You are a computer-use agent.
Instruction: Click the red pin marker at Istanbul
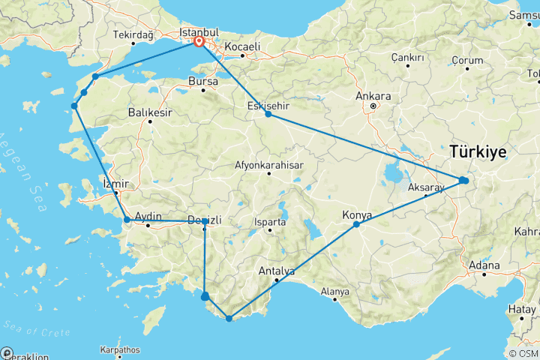[199, 43]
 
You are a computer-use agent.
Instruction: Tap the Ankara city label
[373, 96]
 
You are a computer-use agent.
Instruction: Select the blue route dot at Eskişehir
[268, 114]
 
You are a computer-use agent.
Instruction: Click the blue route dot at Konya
[356, 224]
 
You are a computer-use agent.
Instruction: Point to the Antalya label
[277, 271]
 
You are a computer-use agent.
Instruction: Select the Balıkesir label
[150, 112]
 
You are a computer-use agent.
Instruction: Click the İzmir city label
[115, 184]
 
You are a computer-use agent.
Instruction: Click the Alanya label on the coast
[334, 291]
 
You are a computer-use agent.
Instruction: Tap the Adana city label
[484, 265]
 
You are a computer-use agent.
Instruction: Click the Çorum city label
[466, 60]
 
